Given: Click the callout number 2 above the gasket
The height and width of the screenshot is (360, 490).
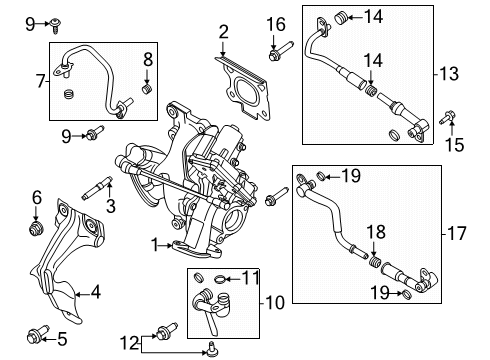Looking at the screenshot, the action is tap(224, 32).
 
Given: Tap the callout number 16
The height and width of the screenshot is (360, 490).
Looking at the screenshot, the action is tap(276, 25).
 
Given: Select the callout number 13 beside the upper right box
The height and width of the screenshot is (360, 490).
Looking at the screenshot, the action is tap(449, 74).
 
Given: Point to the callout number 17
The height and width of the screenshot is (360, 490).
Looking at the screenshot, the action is tap(457, 233).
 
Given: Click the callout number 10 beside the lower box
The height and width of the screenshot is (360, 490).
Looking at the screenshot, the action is tap(275, 303).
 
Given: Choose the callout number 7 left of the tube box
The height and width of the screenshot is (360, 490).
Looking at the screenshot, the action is tap(41, 81).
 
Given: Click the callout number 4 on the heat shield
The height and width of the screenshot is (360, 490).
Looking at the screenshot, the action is tap(96, 292).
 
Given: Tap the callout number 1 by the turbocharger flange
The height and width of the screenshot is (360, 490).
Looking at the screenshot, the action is tap(154, 245).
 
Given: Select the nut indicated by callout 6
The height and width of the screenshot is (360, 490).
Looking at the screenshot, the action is tap(36, 229).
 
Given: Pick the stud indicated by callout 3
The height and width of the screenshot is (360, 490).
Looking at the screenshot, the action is tap(97, 188).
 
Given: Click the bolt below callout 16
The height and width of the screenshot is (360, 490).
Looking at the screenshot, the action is tap(280, 51).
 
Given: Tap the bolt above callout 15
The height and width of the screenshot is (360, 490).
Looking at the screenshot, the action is tap(447, 118).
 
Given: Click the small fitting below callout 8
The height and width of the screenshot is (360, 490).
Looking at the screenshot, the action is tap(147, 89).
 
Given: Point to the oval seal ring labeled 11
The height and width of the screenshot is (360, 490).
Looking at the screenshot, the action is tap(220, 279).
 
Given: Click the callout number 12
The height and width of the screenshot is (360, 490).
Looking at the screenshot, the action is tap(130, 343).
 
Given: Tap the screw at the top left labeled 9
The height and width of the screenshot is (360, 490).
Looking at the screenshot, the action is tap(55, 25).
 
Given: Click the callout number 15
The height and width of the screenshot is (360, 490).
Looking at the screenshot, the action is tap(455, 145).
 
